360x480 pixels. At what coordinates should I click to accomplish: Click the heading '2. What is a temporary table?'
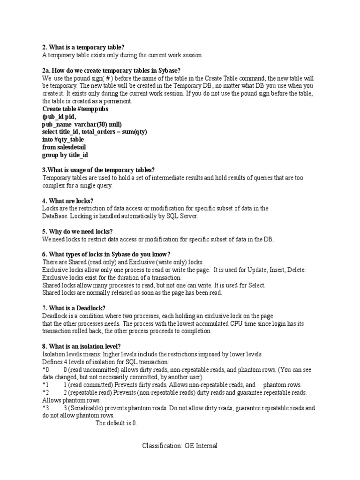(83, 48)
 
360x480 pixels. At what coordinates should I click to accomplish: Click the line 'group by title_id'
(65, 154)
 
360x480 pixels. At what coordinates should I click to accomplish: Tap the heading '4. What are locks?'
(68, 201)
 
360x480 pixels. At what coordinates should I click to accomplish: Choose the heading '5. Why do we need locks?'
(77, 232)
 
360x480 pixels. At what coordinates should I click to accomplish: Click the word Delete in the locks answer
(296, 270)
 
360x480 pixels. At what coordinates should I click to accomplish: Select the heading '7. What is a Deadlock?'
(74, 308)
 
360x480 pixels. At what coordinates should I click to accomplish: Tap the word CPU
(233, 323)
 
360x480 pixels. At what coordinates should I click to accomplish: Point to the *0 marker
(45, 370)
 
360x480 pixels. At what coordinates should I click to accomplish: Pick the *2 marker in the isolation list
(45, 392)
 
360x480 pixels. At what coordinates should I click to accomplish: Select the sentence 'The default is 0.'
(116, 423)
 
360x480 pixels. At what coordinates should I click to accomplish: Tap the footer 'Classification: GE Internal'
(180, 446)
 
